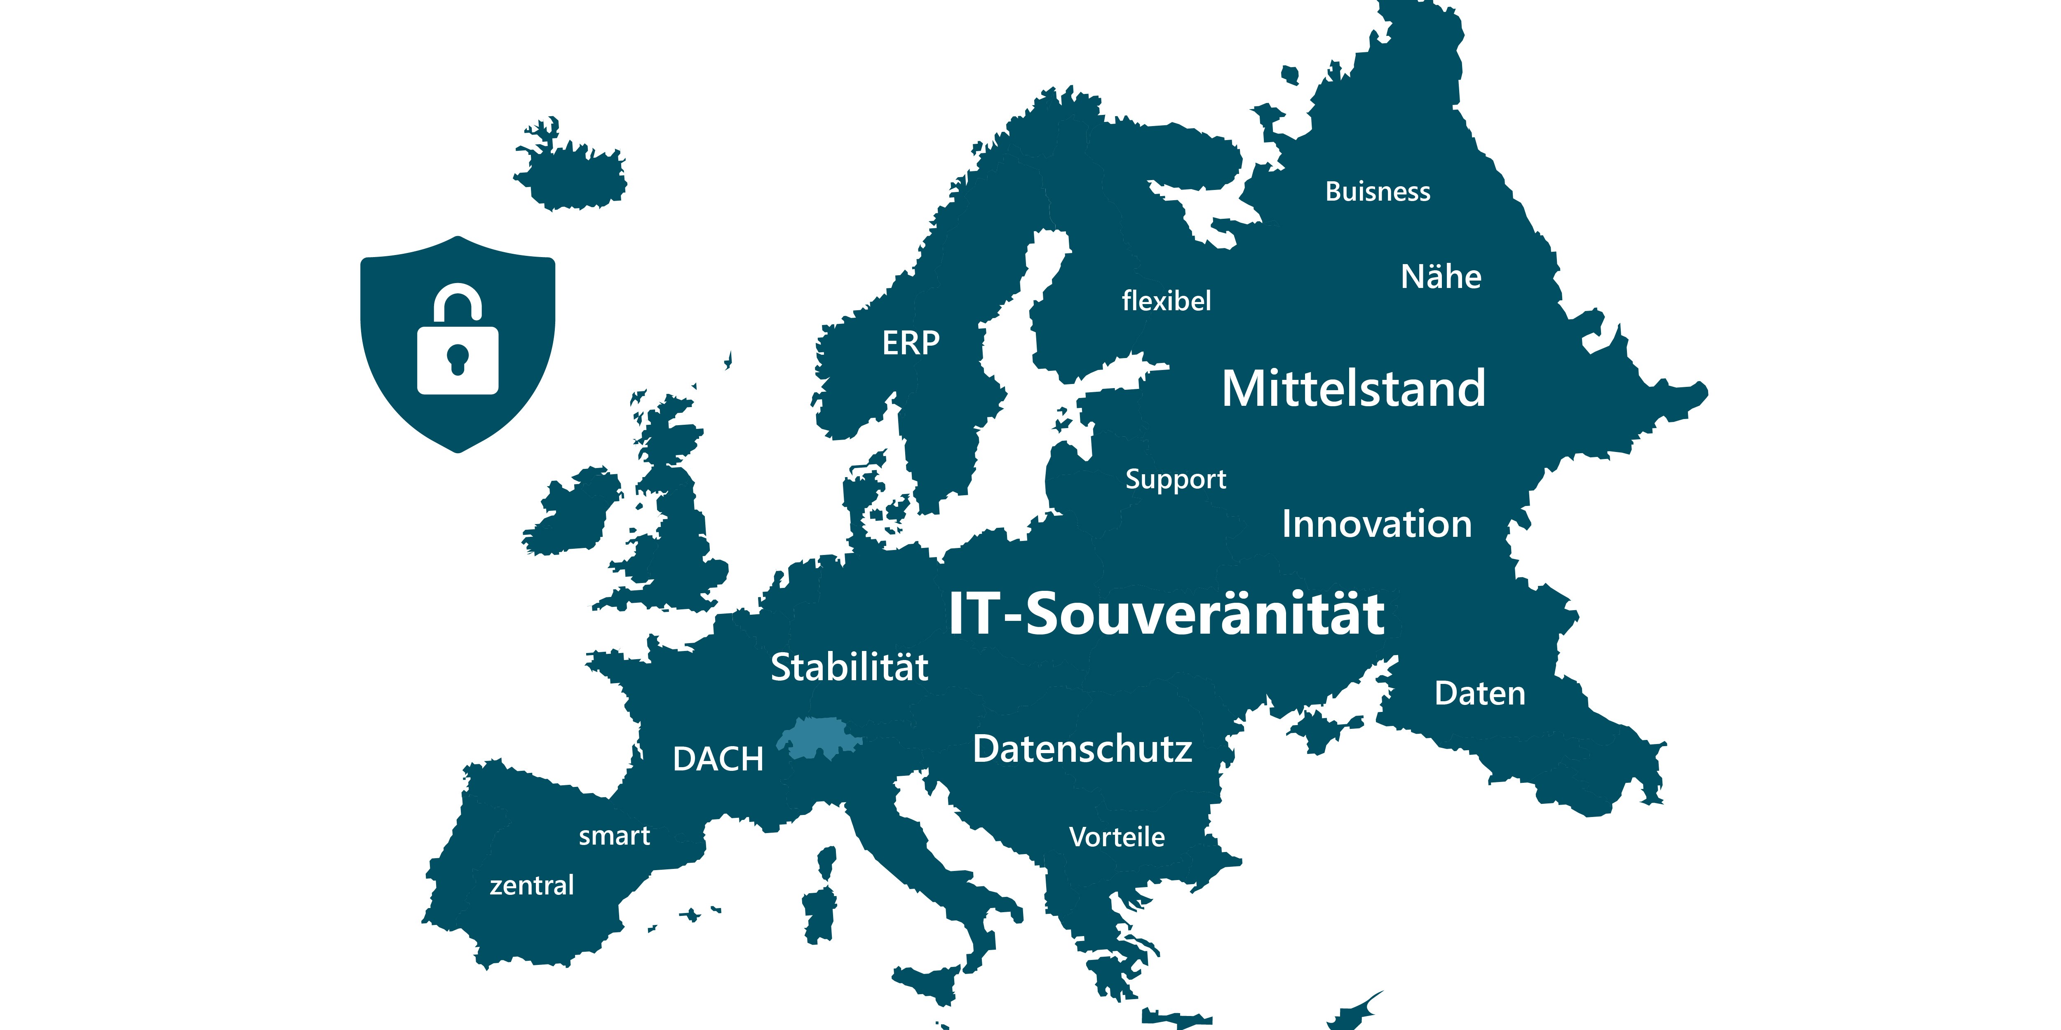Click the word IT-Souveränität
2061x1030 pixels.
1167,614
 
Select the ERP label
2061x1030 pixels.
911,343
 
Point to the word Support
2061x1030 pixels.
1175,479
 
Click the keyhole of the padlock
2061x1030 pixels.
457,358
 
